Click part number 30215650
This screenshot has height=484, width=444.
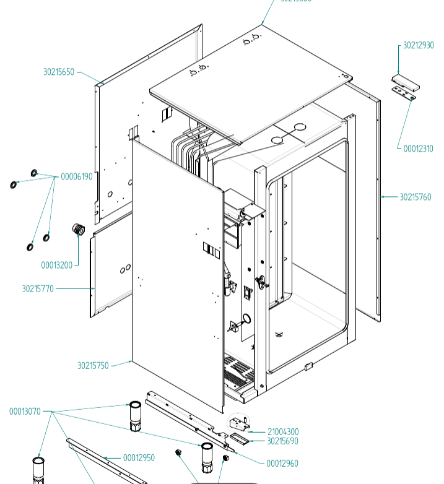pos(58,72)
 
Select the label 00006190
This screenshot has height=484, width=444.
pos(76,176)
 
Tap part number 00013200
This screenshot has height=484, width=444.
pos(56,266)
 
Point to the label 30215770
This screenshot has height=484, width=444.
pos(38,288)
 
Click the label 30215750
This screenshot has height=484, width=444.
pos(93,366)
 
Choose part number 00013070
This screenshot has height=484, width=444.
pos(25,412)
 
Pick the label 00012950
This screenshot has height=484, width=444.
pos(139,458)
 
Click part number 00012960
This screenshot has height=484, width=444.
pos(282,464)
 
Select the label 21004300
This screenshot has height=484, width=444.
pos(283,432)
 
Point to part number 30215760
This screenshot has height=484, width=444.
pos(415,197)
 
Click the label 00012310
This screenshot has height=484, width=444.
pos(418,149)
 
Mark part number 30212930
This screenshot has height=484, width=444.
pos(418,46)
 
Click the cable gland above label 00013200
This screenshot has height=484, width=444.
pos(79,230)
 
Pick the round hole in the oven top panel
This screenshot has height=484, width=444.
pos(300,127)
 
